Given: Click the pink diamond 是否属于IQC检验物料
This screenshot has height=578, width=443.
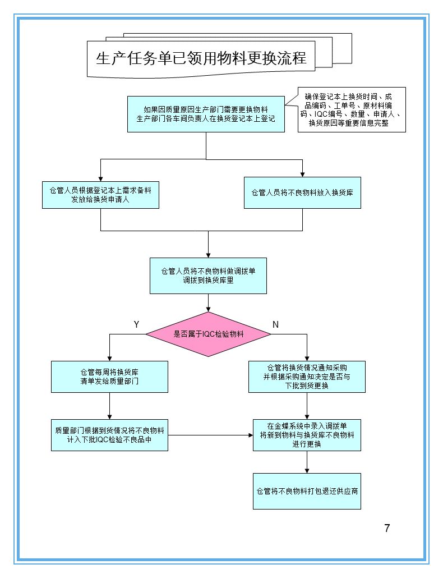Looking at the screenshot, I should tap(208, 334).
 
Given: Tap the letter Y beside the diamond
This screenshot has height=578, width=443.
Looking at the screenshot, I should tap(136, 324).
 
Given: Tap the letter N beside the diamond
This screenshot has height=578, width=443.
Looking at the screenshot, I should tap(275, 324).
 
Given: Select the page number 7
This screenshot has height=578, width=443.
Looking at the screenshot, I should tap(387, 528).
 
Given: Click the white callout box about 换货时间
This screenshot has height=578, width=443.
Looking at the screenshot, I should tap(351, 109).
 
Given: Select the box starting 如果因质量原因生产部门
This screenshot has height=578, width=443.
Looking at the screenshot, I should tap(206, 114).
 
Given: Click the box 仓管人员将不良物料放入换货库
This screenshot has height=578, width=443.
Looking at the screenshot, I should tap(302, 192).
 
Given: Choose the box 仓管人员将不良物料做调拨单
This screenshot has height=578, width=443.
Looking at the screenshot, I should tap(208, 276).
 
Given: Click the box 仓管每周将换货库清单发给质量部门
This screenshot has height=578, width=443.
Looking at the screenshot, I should tap(109, 377).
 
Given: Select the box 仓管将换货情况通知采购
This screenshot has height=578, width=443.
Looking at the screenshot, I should tap(307, 377).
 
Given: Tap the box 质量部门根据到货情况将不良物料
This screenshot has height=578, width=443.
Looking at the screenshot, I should tap(109, 435).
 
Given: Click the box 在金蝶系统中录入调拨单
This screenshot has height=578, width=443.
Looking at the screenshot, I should tap(307, 435).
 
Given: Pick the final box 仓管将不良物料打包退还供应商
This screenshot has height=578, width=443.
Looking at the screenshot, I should tap(307, 491).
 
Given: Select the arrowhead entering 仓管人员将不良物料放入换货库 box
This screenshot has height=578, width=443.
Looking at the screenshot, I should tap(302, 173).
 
